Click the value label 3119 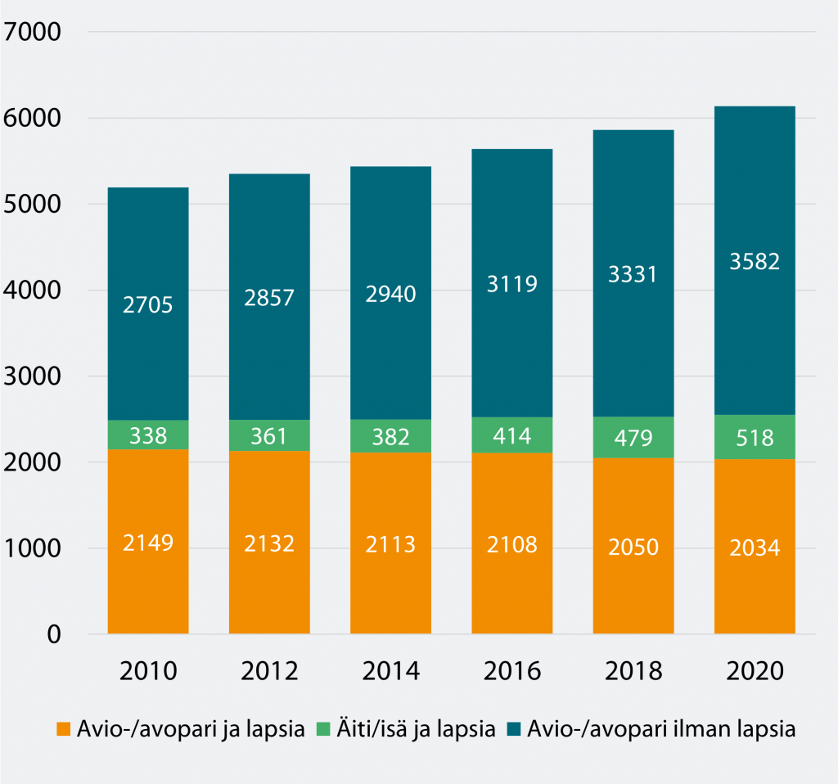tap(512, 284)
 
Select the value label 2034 tap(755, 546)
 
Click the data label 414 tap(512, 435)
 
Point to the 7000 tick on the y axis tap(32, 34)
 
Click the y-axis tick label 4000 tap(32, 291)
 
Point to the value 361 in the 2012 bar tap(269, 435)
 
